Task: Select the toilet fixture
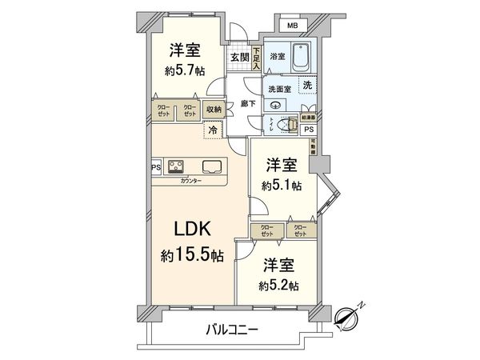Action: click(x=280, y=126)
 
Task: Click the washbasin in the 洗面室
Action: click(x=277, y=105)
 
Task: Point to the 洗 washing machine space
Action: click(x=306, y=86)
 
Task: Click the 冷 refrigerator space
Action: click(x=213, y=129)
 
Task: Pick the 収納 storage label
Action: click(x=214, y=110)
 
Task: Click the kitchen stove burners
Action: click(x=176, y=167)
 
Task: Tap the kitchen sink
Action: click(x=214, y=167)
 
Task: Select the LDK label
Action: click(x=192, y=228)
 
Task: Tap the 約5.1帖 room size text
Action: click(x=282, y=186)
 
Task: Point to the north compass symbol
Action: click(x=349, y=318)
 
